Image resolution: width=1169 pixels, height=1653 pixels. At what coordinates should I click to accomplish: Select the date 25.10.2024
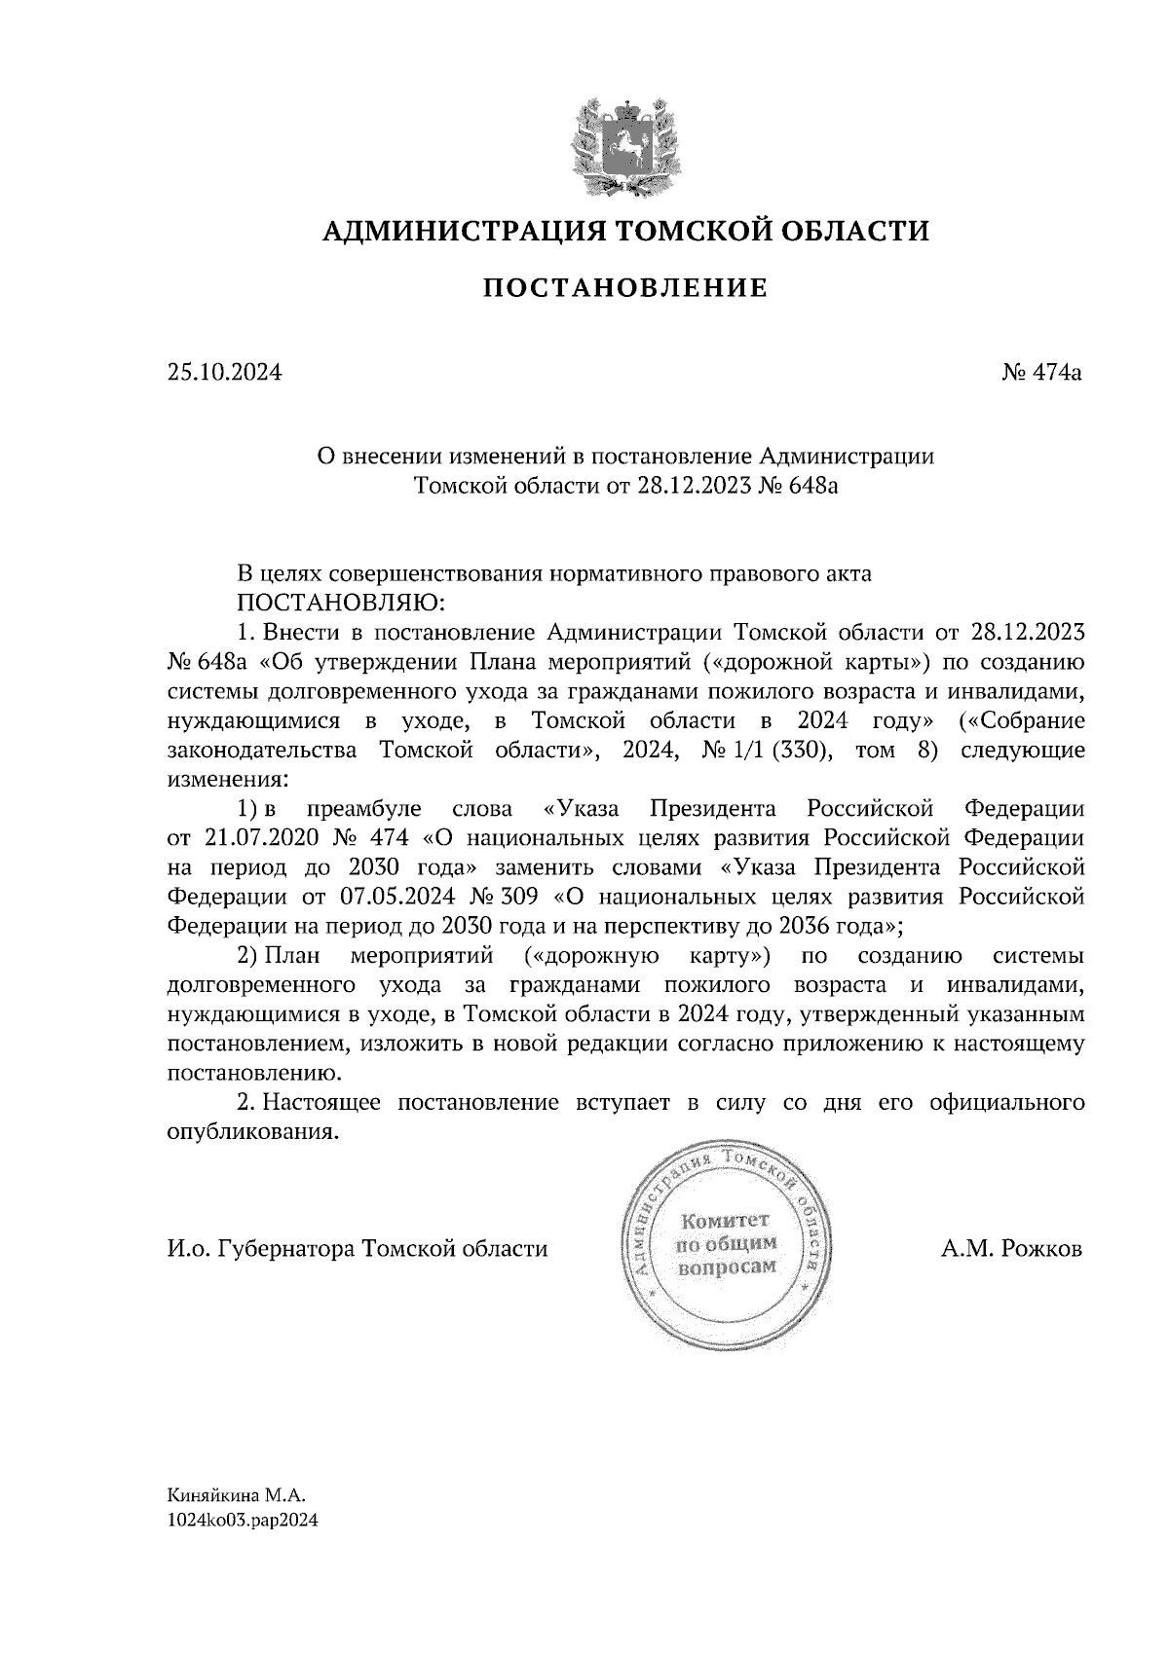(x=224, y=372)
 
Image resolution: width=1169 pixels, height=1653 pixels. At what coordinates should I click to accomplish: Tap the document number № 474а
(x=1042, y=372)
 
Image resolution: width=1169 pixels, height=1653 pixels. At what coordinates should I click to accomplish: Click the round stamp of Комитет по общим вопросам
(x=727, y=1243)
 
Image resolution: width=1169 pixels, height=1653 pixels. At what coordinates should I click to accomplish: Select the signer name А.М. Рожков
(x=1012, y=1249)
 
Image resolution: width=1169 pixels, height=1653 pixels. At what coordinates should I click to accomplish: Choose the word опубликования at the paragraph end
(x=253, y=1133)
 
